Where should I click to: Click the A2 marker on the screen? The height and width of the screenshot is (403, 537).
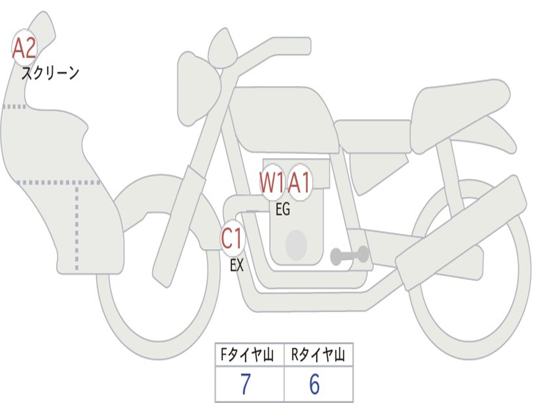coord(24,48)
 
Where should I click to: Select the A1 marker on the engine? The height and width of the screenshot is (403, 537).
coord(300,183)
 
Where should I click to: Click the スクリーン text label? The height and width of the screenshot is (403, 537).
coord(50,73)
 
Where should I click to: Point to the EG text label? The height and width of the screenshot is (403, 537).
coord(283,210)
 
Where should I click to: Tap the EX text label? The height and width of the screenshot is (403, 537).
coord(237,266)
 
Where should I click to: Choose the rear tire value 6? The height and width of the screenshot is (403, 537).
coord(315,385)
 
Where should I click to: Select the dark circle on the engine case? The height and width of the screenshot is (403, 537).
coord(296,245)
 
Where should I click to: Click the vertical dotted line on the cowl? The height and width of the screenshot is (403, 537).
coord(77,226)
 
